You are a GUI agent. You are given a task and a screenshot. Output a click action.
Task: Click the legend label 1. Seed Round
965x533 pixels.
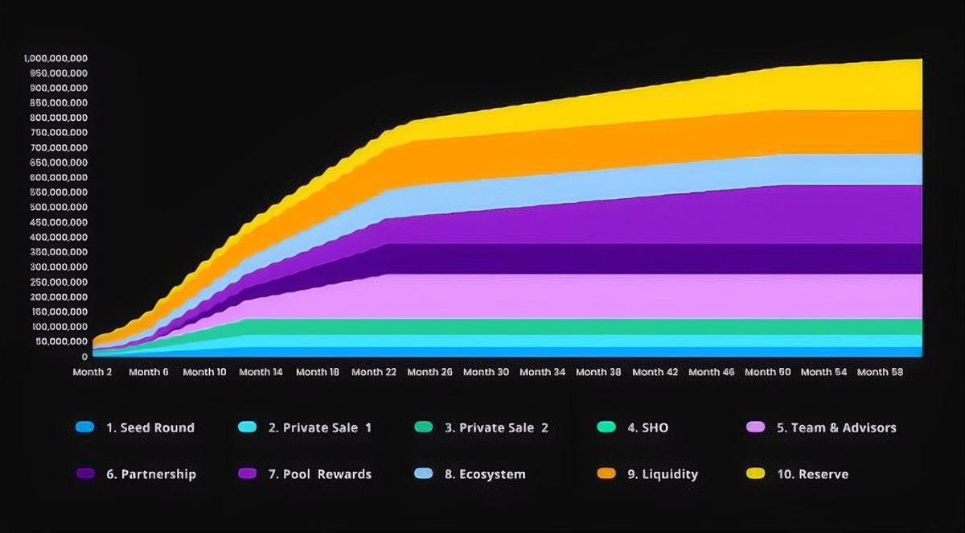click(x=150, y=428)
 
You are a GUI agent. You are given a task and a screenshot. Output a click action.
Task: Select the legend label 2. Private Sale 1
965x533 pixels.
click(x=319, y=428)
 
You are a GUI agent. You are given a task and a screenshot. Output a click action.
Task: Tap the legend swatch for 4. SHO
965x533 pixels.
click(x=608, y=428)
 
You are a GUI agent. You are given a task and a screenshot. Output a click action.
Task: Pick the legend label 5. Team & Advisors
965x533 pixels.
click(x=836, y=428)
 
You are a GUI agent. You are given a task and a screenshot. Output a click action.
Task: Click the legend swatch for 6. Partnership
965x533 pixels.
click(x=84, y=474)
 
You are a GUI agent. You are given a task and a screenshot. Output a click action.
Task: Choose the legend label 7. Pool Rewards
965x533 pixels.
click(x=319, y=474)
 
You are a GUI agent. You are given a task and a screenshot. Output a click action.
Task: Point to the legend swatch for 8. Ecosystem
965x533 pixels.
click(x=424, y=474)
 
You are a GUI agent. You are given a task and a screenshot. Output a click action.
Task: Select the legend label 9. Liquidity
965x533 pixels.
click(x=663, y=474)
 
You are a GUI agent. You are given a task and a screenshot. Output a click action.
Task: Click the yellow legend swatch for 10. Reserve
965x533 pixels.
click(x=757, y=474)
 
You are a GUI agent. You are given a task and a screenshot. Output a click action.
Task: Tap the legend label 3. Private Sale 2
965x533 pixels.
click(x=496, y=428)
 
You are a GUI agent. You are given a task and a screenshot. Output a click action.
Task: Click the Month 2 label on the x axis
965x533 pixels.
click(x=92, y=372)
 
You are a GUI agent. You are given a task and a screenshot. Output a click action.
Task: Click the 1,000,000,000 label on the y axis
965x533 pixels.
click(x=56, y=59)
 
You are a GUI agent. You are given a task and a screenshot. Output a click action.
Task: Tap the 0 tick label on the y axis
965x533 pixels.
click(x=84, y=357)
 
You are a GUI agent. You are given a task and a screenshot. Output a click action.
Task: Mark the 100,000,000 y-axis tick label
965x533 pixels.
click(x=60, y=327)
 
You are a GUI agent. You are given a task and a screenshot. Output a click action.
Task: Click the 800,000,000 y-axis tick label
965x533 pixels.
click(x=60, y=118)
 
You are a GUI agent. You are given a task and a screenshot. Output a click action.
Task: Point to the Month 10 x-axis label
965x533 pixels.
click(x=204, y=372)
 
